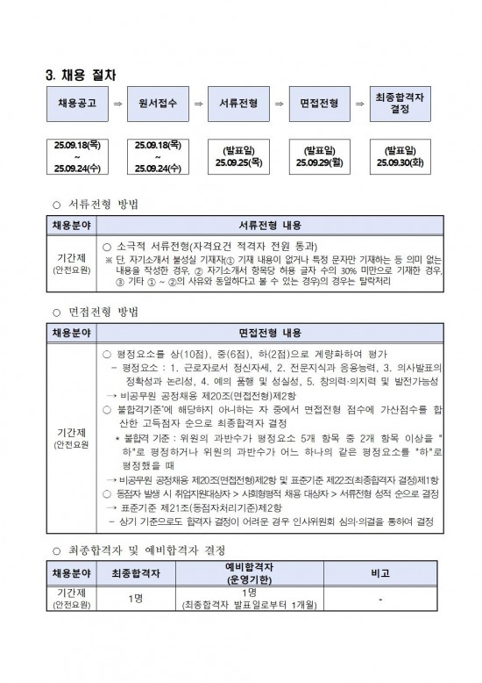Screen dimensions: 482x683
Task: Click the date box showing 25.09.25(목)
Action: pyautogui.click(x=238, y=156)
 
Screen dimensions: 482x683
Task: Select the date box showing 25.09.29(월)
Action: pyautogui.click(x=318, y=156)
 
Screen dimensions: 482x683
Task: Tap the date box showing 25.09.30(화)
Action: pyautogui.click(x=399, y=156)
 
